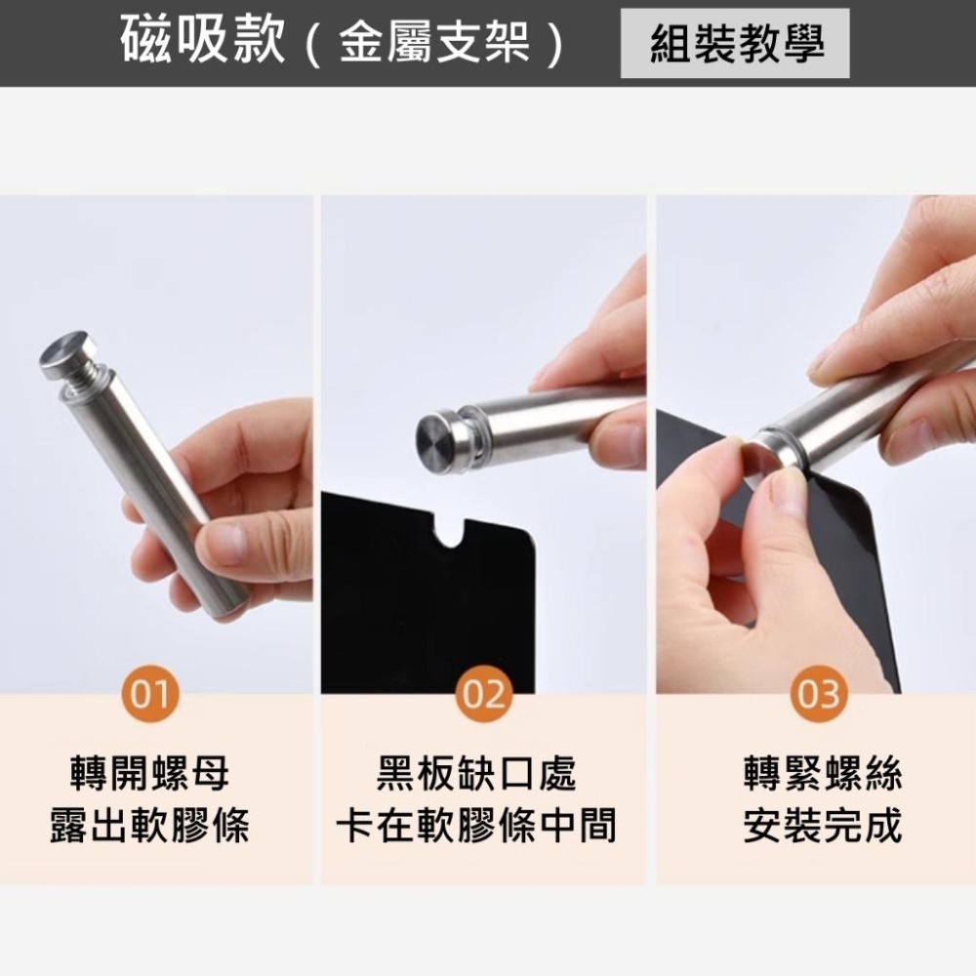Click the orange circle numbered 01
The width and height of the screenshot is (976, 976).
(150, 693)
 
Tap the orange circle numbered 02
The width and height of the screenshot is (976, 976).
(484, 693)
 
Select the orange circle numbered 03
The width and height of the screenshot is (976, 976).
(819, 693)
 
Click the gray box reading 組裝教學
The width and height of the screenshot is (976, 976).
(735, 43)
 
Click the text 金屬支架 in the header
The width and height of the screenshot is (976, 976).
(434, 42)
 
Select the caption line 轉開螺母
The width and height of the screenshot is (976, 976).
(149, 774)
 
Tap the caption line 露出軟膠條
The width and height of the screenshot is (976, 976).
(149, 826)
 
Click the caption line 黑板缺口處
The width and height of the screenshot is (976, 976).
(476, 774)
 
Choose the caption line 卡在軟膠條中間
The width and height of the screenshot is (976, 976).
(476, 826)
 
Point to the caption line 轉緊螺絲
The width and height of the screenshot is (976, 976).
(823, 774)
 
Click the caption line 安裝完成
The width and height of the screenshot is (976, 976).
(823, 826)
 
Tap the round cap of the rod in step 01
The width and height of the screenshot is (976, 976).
(67, 353)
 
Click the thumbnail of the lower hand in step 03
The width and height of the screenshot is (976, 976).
(785, 493)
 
